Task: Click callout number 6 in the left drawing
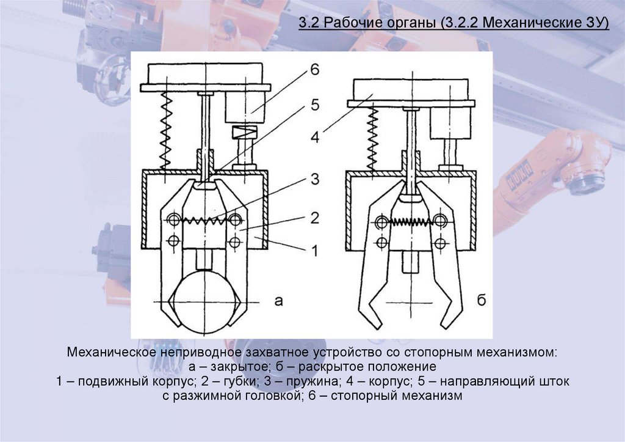click(x=314, y=69)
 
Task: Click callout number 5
click(x=314, y=105)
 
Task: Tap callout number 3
click(x=314, y=179)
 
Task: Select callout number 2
click(x=314, y=217)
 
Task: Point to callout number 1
click(x=314, y=249)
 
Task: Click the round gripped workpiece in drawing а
click(x=201, y=306)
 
